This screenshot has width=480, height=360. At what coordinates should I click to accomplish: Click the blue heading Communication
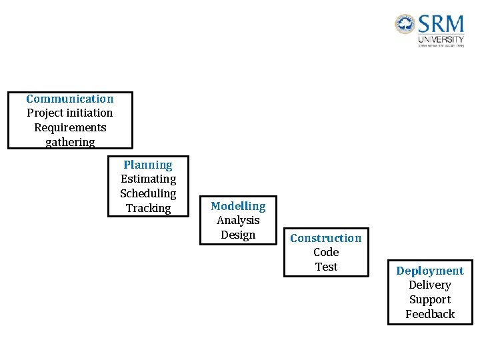pos(70,99)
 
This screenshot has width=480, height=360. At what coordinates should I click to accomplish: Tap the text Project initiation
pos(70,113)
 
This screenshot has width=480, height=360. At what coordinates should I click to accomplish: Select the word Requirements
pos(70,127)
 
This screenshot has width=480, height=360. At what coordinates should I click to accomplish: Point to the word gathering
pos(70,142)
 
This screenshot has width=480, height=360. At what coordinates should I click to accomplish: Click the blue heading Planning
pos(148,165)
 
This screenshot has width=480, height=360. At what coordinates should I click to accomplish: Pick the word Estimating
pos(148,179)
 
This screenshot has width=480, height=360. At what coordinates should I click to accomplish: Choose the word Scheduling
pos(148,193)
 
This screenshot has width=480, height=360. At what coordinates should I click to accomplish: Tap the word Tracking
pos(148,208)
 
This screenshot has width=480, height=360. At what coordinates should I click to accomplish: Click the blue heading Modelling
pos(238,206)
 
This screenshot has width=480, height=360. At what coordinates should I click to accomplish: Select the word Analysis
pos(238,220)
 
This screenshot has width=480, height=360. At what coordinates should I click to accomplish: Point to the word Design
pos(238,235)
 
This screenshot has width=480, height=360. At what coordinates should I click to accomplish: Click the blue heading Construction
pos(326,238)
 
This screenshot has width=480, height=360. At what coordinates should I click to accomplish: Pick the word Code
pos(326,252)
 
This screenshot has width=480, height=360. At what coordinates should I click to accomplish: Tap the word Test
pos(326,267)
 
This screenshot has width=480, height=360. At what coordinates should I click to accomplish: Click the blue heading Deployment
pos(430,271)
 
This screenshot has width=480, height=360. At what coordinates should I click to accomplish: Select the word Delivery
pos(430,285)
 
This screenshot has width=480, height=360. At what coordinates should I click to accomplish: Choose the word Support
pos(430,299)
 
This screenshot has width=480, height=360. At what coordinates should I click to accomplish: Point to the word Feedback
pos(430,314)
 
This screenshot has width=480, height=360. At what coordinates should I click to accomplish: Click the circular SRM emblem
pos(405,25)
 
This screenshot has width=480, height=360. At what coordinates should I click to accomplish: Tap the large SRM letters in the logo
pos(441,25)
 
